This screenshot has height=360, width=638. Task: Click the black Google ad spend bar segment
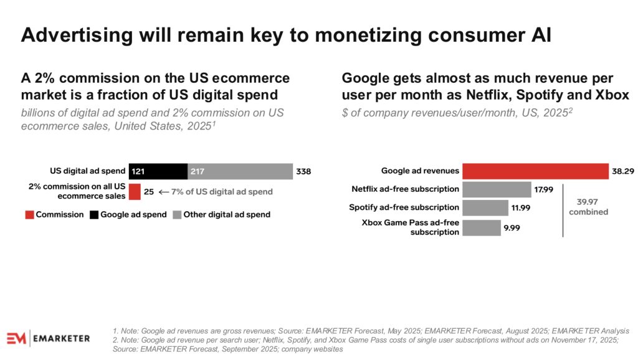158,171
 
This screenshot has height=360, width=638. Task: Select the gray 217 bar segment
240,171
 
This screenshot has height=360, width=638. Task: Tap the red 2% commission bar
135,192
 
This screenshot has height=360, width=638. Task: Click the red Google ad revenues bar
535,171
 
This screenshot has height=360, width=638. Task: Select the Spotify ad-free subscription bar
485,207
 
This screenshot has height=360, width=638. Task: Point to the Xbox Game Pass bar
481,227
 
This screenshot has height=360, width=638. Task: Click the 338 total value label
303,171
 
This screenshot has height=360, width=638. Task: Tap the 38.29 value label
623,171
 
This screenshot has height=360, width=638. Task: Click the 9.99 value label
512,228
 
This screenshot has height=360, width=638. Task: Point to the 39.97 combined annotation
588,207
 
